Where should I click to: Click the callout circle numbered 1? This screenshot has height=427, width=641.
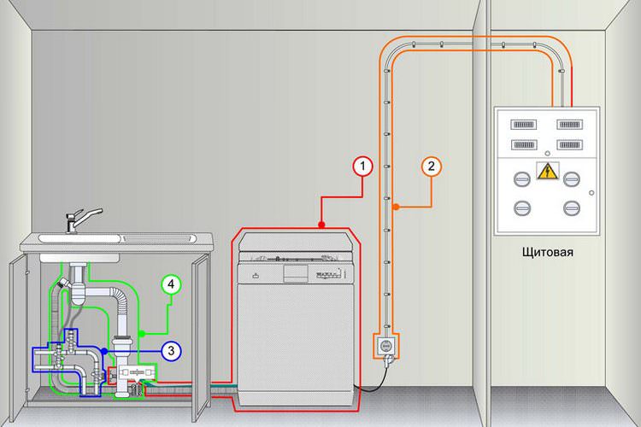(362, 167)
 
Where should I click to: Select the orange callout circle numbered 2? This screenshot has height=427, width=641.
(432, 167)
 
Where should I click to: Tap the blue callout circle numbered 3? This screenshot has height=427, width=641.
(171, 351)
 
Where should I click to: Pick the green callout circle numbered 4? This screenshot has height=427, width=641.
(171, 284)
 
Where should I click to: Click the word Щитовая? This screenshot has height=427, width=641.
(547, 252)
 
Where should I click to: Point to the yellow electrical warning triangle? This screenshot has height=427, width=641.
(547, 172)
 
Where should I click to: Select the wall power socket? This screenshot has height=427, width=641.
(386, 346)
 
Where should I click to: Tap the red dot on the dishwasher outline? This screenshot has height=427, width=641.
(321, 225)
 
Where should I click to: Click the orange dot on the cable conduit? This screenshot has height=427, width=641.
(396, 208)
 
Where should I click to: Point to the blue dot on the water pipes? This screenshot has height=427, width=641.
(104, 351)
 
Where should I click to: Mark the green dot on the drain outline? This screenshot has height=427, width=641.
(142, 334)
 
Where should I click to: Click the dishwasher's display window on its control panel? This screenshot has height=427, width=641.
(296, 273)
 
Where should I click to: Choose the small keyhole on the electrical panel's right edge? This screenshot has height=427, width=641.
(591, 193)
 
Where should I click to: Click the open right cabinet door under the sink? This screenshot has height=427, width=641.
(201, 337)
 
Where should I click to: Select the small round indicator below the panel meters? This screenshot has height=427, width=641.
(547, 154)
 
